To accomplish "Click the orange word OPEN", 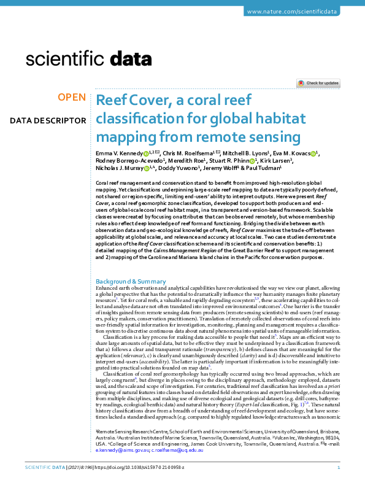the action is coord(72,98).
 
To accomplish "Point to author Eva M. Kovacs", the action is coord(295,153).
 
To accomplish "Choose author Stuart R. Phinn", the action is coord(218,161).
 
